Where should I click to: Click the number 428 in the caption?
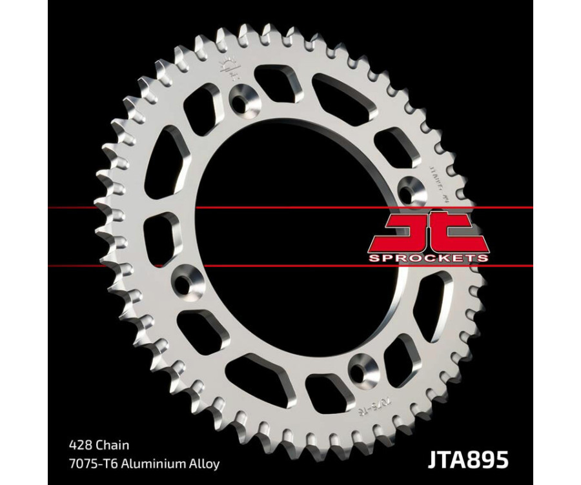77,445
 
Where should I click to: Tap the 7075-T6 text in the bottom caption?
91,463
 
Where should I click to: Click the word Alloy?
205,463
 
